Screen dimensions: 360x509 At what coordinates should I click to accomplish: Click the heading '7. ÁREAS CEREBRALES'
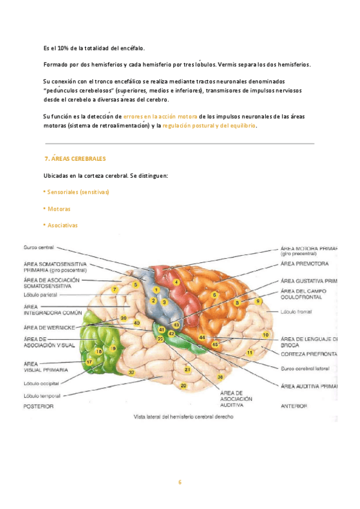(75, 159)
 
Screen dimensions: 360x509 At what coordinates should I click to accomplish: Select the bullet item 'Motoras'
(58, 209)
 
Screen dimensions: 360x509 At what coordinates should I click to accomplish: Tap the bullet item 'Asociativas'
(62, 225)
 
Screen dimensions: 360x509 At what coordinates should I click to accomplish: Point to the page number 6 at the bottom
(179, 482)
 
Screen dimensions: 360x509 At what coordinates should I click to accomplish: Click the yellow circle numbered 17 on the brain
(89, 363)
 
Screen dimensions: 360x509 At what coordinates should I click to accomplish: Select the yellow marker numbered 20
(184, 385)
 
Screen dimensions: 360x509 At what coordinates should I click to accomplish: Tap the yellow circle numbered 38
(221, 377)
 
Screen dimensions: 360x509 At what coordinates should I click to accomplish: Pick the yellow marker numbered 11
(250, 352)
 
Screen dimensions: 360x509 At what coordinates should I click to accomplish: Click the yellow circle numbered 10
(265, 334)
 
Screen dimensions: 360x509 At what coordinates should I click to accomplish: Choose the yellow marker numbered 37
(131, 372)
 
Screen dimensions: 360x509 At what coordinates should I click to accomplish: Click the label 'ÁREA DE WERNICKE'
(49, 328)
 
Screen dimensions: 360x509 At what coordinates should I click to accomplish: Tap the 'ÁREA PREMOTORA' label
(304, 264)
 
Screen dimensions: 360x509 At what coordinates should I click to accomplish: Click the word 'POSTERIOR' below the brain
(39, 406)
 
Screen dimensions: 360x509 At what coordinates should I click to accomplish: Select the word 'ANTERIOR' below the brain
(295, 406)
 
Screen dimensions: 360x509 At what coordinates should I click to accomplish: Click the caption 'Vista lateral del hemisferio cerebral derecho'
(182, 416)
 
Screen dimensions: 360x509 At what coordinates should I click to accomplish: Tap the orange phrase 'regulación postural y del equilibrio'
(209, 126)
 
